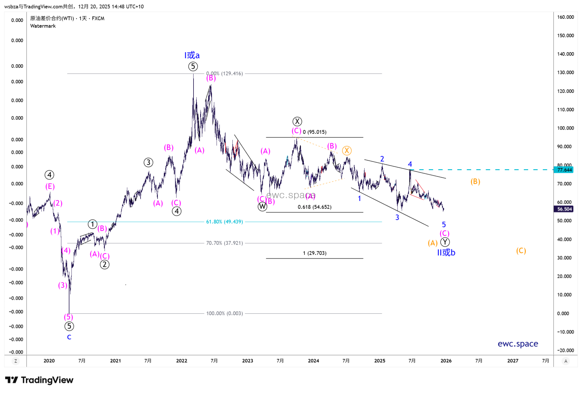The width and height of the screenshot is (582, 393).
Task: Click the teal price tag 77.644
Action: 565,170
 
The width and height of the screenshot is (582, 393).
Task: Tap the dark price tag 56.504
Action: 565,209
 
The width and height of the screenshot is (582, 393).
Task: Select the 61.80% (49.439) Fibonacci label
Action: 224,222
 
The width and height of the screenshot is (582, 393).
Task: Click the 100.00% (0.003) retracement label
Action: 224,313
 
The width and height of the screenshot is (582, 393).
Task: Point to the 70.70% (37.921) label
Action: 224,243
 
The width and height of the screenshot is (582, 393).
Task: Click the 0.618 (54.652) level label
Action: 315,207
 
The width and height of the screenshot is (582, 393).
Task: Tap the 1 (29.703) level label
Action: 315,253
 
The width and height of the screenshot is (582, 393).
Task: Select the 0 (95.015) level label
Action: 315,132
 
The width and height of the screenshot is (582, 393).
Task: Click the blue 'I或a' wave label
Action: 192,55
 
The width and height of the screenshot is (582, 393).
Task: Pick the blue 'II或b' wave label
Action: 446,253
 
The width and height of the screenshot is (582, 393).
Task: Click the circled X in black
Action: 297,121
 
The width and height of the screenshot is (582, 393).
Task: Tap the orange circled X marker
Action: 347,150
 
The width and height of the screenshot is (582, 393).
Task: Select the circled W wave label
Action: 262,207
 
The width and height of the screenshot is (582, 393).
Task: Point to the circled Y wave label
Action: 445,242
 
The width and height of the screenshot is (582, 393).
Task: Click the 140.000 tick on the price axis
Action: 565,54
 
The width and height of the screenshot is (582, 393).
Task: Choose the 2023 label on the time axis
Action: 248,361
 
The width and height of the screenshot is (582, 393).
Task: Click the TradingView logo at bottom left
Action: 39,380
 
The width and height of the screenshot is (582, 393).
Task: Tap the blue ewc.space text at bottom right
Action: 518,344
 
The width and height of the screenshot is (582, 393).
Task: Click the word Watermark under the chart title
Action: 43,26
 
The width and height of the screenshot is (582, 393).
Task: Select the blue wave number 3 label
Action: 397,217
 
